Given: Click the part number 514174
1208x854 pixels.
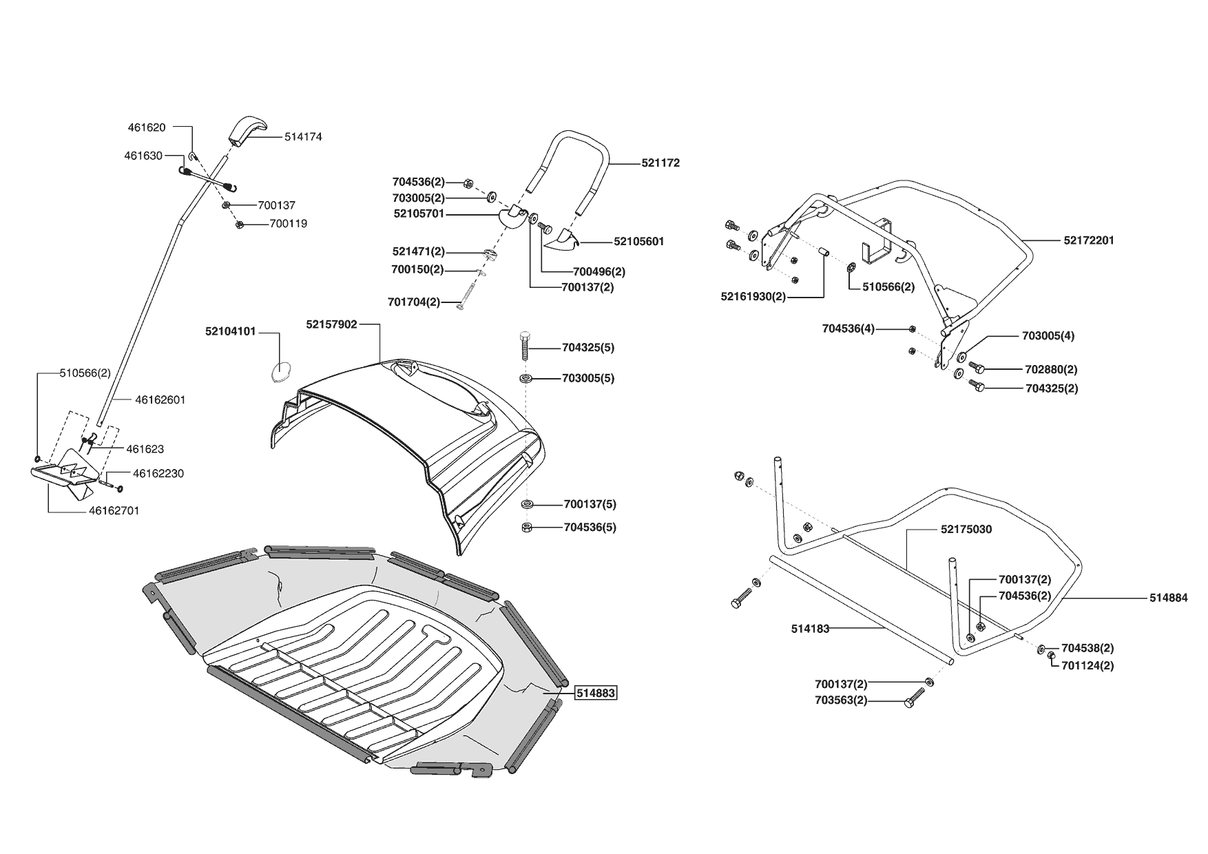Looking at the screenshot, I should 303,137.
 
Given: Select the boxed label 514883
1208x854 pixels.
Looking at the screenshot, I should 596,694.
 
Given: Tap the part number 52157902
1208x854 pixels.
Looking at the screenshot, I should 332,324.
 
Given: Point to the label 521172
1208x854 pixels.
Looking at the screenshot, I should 660,163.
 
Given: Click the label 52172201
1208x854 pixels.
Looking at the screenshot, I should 1088,240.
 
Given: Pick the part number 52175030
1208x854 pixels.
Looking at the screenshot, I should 966,529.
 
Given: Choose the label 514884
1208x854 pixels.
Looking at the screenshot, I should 1168,598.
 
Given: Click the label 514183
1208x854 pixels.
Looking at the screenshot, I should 810,628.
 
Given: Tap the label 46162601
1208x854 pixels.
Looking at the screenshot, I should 160,399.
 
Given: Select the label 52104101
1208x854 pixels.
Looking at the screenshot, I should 231,331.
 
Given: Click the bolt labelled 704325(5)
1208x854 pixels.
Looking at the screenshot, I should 525,346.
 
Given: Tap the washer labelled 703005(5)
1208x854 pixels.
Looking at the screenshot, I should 526,378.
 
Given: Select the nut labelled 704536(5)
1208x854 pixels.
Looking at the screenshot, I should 525,528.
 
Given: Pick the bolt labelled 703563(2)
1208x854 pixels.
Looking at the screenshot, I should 913,701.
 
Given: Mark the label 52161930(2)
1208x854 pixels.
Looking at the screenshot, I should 753,297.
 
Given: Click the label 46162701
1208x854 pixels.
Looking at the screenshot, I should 114,511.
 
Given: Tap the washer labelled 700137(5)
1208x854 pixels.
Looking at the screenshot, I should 526,504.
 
